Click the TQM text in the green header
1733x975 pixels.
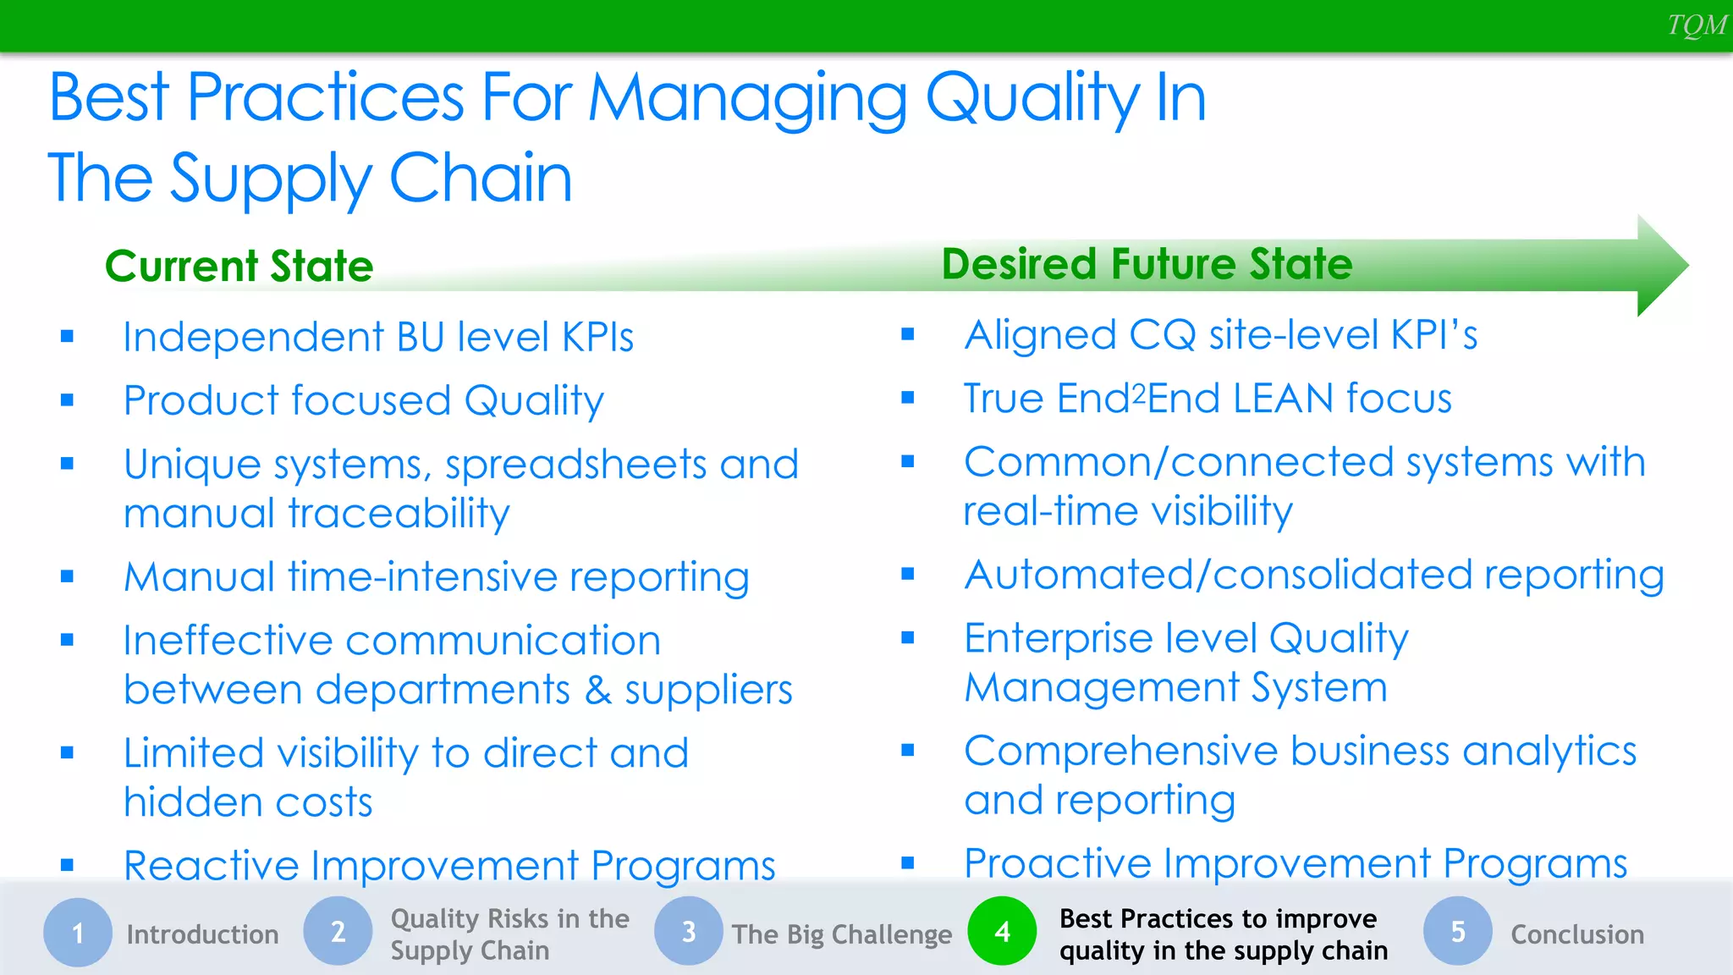coord(1696,25)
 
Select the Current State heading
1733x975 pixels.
coord(239,266)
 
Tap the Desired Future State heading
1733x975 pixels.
coord(1147,264)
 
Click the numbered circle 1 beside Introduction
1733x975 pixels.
coord(78,932)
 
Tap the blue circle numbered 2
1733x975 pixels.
coord(338,931)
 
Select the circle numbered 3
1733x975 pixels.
coord(689,931)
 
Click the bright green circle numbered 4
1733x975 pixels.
coord(1003,931)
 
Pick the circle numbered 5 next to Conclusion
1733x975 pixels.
coord(1458,931)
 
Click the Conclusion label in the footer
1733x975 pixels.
coord(1577,934)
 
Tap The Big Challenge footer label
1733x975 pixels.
coord(842,934)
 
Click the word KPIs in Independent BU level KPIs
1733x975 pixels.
coord(597,338)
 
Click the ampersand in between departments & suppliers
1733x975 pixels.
coord(598,690)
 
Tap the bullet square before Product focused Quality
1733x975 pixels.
coord(68,400)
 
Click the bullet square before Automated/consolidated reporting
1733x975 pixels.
coord(908,575)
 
